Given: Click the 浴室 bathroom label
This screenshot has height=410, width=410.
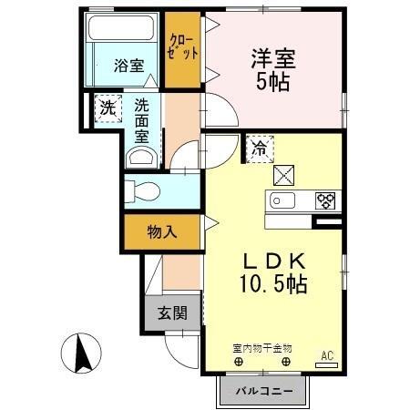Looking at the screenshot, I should (x=128, y=65).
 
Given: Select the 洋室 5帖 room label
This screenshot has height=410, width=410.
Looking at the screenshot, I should (x=273, y=68).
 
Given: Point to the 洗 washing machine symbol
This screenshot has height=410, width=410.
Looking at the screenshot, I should (x=108, y=108).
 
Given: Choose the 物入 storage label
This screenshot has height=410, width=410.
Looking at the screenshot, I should (x=161, y=233).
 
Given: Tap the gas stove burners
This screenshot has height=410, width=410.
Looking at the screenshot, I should (x=326, y=200).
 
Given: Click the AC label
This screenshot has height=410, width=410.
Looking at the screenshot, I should (x=325, y=354).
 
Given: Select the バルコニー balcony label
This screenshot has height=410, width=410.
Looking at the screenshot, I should (x=264, y=391).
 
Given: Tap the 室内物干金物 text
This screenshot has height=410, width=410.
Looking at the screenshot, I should (x=261, y=347).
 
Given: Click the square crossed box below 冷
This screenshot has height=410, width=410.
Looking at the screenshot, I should (x=283, y=171).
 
